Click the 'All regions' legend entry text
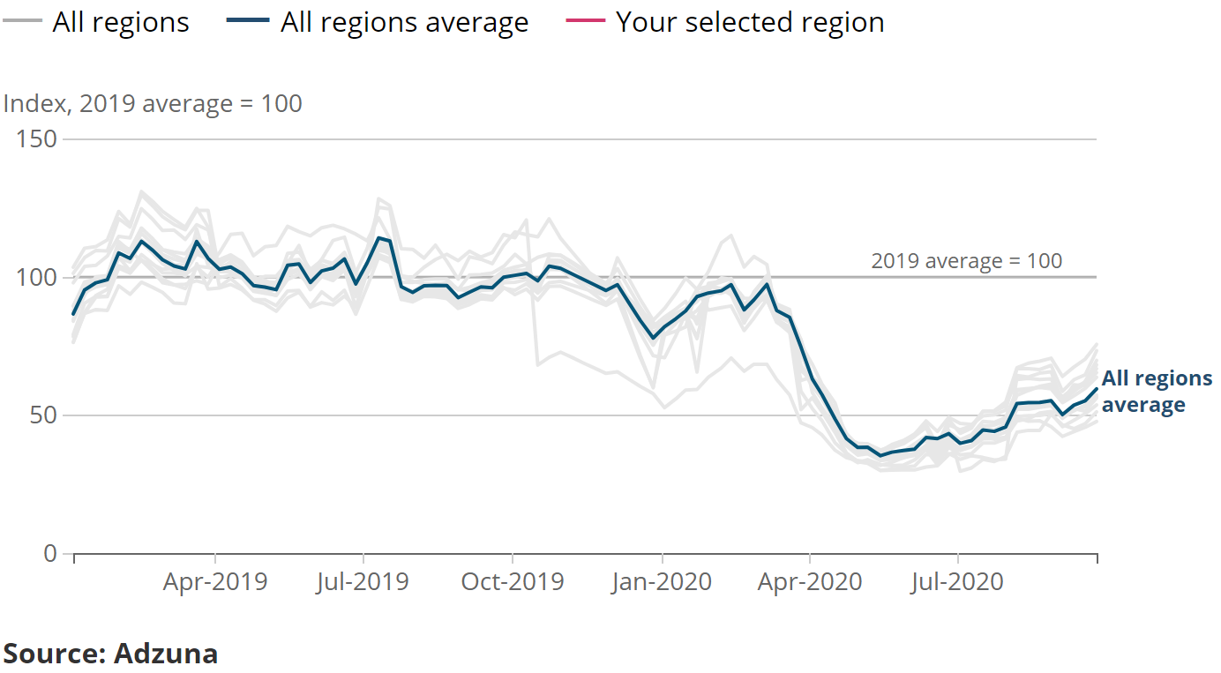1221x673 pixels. pos(121,22)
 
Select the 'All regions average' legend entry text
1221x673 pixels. pos(404,22)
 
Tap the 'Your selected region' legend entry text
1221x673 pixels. pos(750,22)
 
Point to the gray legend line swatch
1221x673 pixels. pos(22,21)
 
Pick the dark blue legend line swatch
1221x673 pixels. pos(251,21)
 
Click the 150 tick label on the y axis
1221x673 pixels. pos(38,139)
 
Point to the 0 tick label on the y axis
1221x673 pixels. pos(49,553)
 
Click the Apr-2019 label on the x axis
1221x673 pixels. pos(214,582)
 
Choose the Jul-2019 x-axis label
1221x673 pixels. pos(363,582)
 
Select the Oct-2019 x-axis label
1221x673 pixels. pos(512,582)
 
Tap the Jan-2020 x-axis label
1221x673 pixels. pos(661,582)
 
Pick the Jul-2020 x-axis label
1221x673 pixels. pos(958,582)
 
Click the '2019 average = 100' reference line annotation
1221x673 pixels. pos(966,261)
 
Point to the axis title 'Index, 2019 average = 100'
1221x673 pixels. pos(153,103)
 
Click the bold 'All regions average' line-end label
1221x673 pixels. pos(1156,392)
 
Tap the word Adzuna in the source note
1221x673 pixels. pos(166,654)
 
